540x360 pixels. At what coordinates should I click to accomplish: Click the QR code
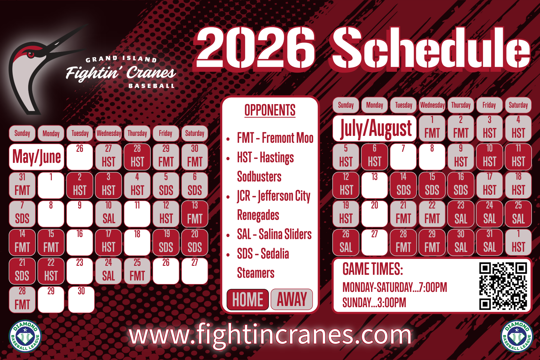503,286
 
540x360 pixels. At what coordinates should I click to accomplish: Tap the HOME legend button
247,299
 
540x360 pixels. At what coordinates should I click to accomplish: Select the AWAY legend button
292,299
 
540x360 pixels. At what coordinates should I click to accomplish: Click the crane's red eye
31,55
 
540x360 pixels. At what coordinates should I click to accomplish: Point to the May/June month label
37,157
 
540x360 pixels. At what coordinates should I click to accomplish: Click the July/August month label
375,128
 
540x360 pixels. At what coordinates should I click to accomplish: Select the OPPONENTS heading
270,110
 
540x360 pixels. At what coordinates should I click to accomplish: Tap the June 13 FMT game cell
195,214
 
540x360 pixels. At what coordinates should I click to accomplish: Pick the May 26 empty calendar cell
79,157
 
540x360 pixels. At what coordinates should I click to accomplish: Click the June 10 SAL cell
108,214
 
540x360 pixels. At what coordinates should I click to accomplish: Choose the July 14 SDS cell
403,185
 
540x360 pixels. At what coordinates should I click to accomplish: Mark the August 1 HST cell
518,242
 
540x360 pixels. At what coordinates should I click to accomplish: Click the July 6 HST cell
374,157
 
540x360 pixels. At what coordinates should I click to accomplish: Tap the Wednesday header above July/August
432,105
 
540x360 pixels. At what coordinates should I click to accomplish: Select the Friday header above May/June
166,133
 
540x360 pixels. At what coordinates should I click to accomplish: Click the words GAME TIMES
373,269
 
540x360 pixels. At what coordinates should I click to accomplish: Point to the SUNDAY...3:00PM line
374,303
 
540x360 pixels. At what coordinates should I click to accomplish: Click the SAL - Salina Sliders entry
274,234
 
